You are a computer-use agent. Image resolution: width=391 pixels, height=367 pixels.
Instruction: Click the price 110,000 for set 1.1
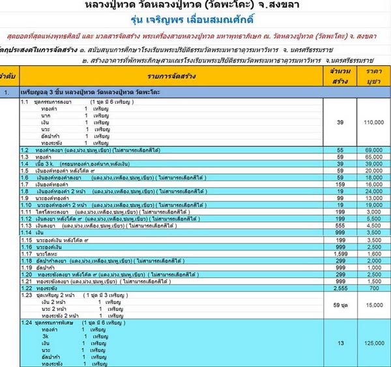pyautogui.click(x=372, y=122)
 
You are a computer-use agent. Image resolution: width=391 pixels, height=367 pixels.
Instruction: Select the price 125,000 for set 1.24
pyautogui.click(x=372, y=343)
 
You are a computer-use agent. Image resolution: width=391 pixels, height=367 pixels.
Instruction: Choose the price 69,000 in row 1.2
pyautogui.click(x=372, y=151)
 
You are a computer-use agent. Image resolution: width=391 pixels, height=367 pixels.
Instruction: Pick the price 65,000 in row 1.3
pyautogui.click(x=372, y=157)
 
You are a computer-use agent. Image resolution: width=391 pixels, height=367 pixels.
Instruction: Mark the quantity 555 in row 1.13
pyautogui.click(x=340, y=224)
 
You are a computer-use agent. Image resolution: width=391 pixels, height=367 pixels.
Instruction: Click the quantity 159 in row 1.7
pyautogui.click(x=340, y=184)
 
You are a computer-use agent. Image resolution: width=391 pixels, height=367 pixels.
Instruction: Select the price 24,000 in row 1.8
pyautogui.click(x=372, y=191)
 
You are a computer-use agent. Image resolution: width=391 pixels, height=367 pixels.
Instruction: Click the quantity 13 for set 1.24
pyautogui.click(x=340, y=343)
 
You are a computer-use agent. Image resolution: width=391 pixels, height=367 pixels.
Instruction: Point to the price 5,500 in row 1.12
pyautogui.click(x=372, y=218)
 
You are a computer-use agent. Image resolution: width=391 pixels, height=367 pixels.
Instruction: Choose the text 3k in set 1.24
pyautogui.click(x=44, y=336)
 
